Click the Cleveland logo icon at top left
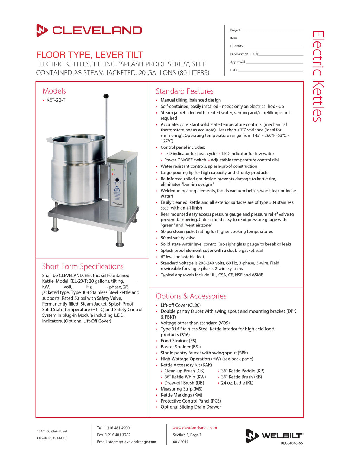click(x=42, y=30)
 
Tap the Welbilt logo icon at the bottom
click(x=252, y=436)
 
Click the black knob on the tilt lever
click(x=106, y=96)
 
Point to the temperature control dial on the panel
click(x=117, y=180)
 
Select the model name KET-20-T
click(x=56, y=100)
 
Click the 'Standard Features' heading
click(x=185, y=91)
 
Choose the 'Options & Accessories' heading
click(x=191, y=296)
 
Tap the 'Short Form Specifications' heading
click(x=83, y=266)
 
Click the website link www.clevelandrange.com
click(x=194, y=428)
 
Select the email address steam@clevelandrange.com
click(x=132, y=442)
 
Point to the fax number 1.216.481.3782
click(x=117, y=435)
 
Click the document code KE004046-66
click(x=292, y=443)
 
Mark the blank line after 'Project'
click(x=272, y=31)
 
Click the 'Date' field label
click(x=233, y=70)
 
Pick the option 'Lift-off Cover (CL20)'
click(x=181, y=305)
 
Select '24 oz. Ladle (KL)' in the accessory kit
click(x=237, y=383)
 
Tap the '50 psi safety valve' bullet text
click(x=178, y=238)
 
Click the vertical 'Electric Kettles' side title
click(x=317, y=76)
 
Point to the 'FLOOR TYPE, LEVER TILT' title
click(x=89, y=55)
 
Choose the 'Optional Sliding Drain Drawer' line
click(x=191, y=407)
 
